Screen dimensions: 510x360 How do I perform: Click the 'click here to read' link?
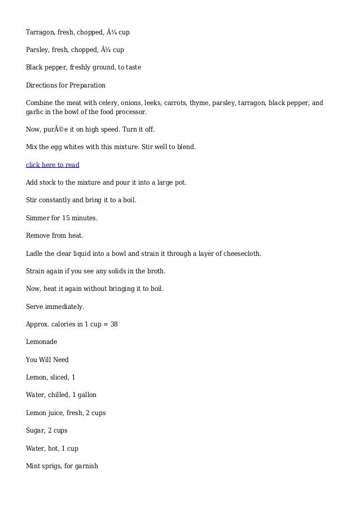pos(52,165)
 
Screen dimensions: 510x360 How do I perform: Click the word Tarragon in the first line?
pos(41,31)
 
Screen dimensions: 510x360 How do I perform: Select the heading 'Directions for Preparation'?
pos(65,85)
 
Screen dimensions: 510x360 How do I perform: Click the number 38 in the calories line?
pos(113,324)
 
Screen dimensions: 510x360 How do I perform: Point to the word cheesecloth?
pos(241,254)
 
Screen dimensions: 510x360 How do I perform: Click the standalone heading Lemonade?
pos(41,342)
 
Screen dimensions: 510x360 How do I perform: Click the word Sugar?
pos(36,430)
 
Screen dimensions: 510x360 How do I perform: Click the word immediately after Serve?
pos(65,307)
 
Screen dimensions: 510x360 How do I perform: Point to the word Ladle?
pos(35,254)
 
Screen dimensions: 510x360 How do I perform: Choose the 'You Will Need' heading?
pos(47,359)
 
